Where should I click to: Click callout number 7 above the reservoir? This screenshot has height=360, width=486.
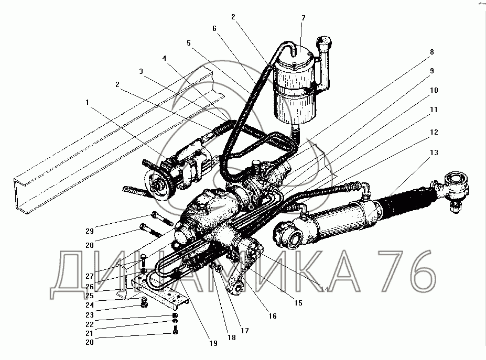[x=303, y=19]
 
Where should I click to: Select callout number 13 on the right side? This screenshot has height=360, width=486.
[x=434, y=152]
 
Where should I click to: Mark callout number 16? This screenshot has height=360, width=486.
[x=272, y=316]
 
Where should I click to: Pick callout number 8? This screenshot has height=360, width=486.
[x=431, y=52]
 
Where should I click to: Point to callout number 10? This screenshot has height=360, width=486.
[x=434, y=90]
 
